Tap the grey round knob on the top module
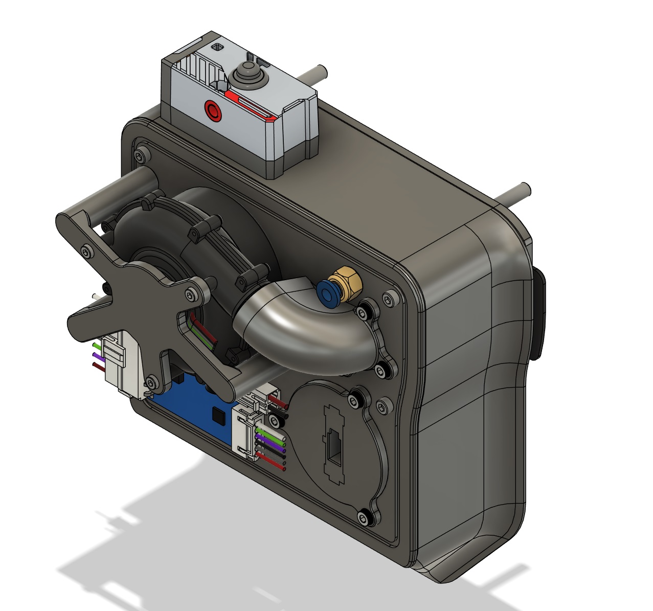tap(246, 76)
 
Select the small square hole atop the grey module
tap(218, 48)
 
